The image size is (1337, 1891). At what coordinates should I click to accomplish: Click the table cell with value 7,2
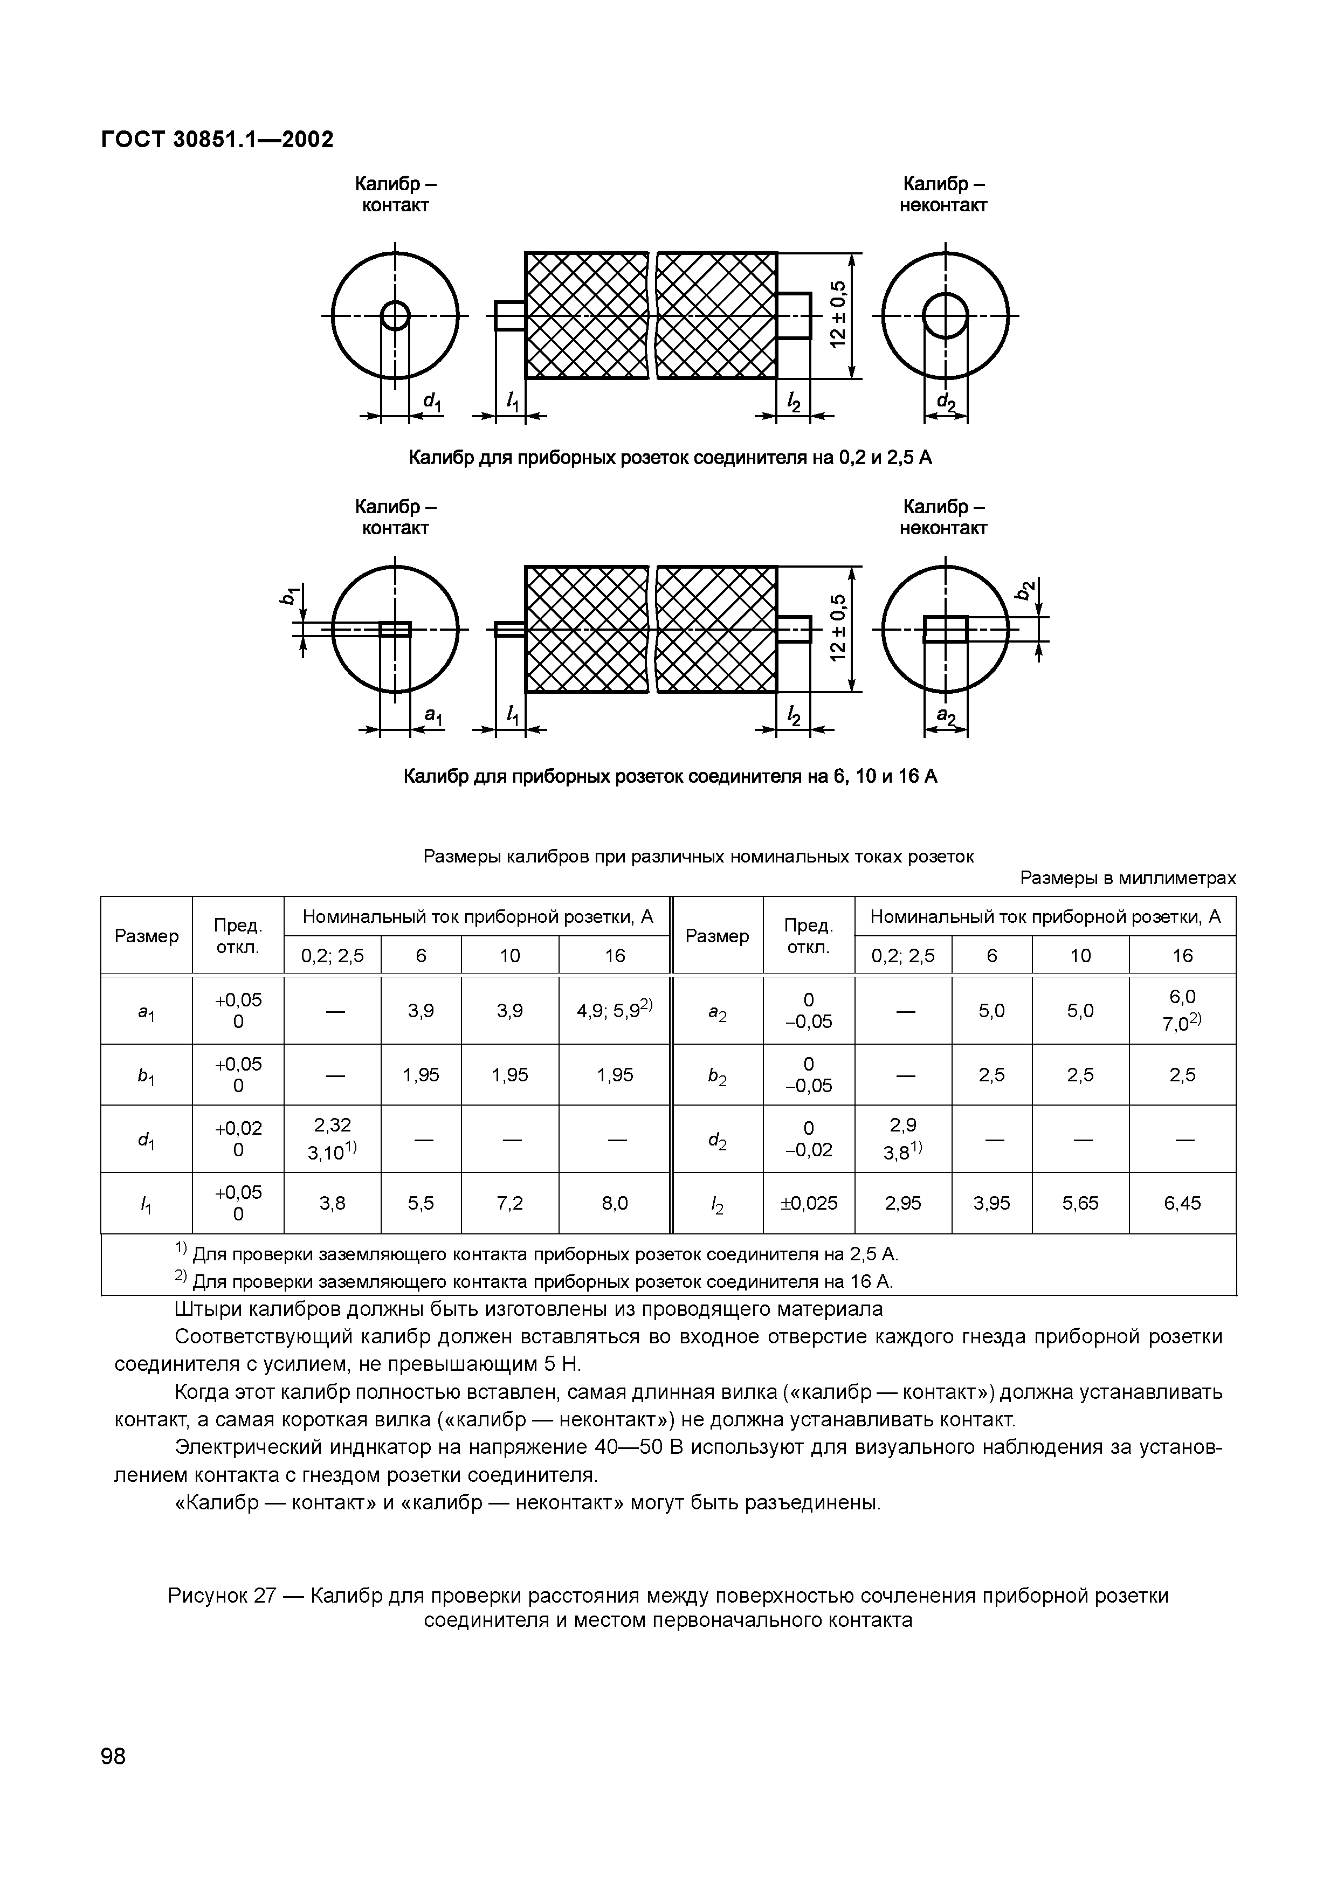coord(510,1203)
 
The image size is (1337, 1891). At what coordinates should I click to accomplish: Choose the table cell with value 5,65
coord(1080,1203)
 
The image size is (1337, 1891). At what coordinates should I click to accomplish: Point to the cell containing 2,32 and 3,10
coord(332,1138)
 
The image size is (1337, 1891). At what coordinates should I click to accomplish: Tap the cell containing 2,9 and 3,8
coord(903,1138)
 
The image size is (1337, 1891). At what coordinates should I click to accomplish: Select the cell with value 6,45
coord(1182,1203)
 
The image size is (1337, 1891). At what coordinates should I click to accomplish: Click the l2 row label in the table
coord(716,1204)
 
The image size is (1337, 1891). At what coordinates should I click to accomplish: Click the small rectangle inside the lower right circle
coord(945,629)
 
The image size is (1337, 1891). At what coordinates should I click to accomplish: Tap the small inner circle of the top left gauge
coord(395,315)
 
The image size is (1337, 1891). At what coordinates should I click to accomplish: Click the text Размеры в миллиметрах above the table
coord(1128,878)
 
